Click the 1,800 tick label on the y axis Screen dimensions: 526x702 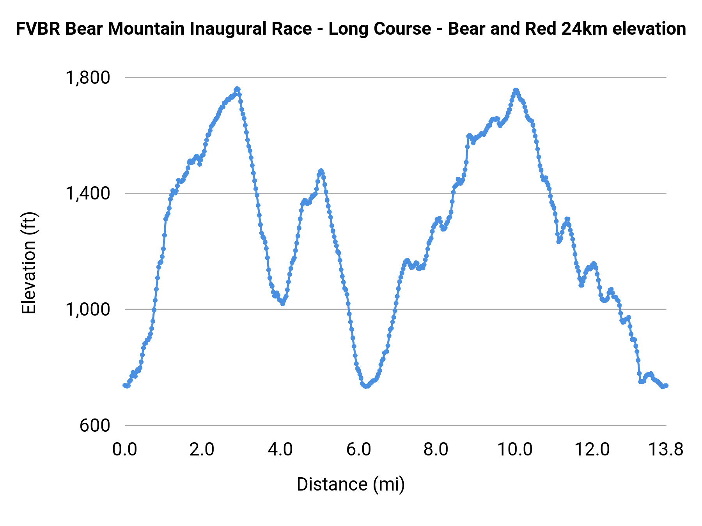coord(88,78)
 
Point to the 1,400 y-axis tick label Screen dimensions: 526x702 coord(88,193)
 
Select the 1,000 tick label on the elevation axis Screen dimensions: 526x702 coord(88,309)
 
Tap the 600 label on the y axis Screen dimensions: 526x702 coord(95,425)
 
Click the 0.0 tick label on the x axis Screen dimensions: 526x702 coord(125,450)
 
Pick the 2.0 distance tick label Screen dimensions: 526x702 coord(202,450)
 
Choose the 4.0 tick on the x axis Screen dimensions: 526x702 coord(280,450)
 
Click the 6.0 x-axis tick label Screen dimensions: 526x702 coord(358,450)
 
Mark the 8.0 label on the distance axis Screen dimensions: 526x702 coord(436,450)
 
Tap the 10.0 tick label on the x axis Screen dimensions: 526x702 coord(515,450)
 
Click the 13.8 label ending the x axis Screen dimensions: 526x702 coord(666,450)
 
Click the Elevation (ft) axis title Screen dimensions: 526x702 coord(29,263)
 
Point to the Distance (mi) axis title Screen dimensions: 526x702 coord(351,484)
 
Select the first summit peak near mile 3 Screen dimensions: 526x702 coord(237,89)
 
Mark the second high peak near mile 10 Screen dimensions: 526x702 coord(516,90)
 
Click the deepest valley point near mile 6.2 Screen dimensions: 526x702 coord(366,386)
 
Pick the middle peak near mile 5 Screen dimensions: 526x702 coord(321,171)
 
